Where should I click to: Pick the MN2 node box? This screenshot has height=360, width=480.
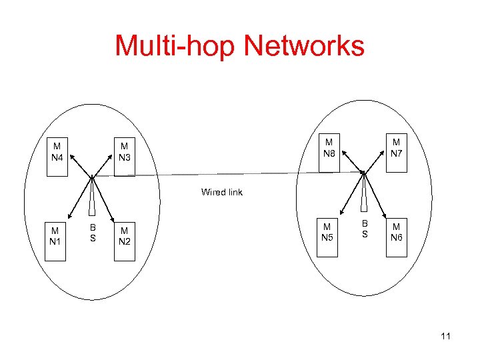click(x=124, y=238)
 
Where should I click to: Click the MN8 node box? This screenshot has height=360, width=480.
click(x=329, y=153)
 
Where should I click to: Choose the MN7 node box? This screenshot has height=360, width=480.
click(x=396, y=153)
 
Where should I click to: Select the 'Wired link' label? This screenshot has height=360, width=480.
click(x=222, y=192)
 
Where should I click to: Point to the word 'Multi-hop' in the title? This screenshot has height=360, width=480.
click(x=175, y=46)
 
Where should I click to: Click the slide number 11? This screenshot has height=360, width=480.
click(x=445, y=336)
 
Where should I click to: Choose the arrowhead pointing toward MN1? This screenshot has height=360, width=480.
click(x=69, y=222)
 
